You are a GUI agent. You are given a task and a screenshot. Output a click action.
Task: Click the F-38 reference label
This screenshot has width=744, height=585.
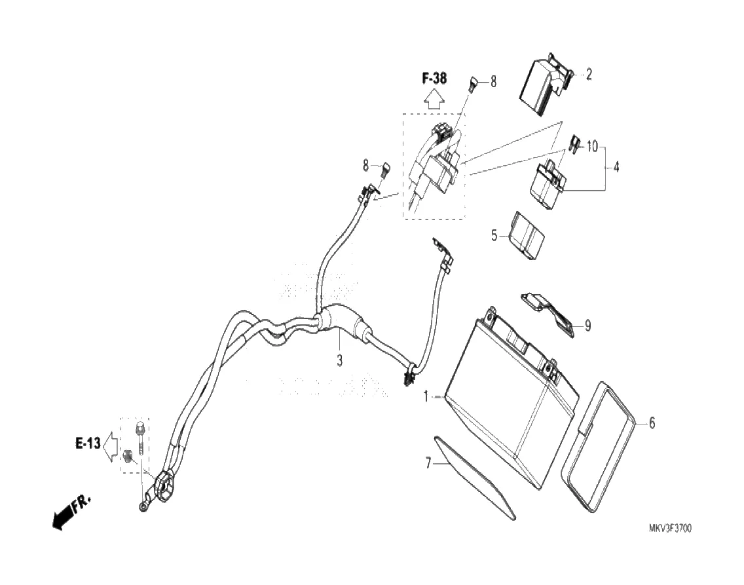[x=434, y=79]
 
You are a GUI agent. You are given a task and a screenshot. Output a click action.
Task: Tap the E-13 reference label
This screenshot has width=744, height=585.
[x=87, y=443]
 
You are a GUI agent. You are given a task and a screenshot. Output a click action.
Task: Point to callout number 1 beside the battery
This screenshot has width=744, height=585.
[x=426, y=396]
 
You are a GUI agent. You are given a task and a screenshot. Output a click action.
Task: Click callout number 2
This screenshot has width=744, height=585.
[x=588, y=75]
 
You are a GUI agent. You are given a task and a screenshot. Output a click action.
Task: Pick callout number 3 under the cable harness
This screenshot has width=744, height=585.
[x=340, y=360]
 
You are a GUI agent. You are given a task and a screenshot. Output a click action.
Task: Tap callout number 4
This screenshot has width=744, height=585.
[x=616, y=167]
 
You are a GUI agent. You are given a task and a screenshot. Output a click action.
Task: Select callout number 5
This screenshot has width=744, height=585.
[x=495, y=233]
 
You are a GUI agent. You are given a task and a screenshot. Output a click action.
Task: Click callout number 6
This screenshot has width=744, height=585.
[x=652, y=423]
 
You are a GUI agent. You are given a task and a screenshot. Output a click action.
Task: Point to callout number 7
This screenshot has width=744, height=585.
[x=428, y=464]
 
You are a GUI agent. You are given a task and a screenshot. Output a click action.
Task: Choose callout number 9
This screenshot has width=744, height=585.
[x=587, y=325]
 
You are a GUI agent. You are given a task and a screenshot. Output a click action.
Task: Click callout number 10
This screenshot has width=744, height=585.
[x=592, y=146]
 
